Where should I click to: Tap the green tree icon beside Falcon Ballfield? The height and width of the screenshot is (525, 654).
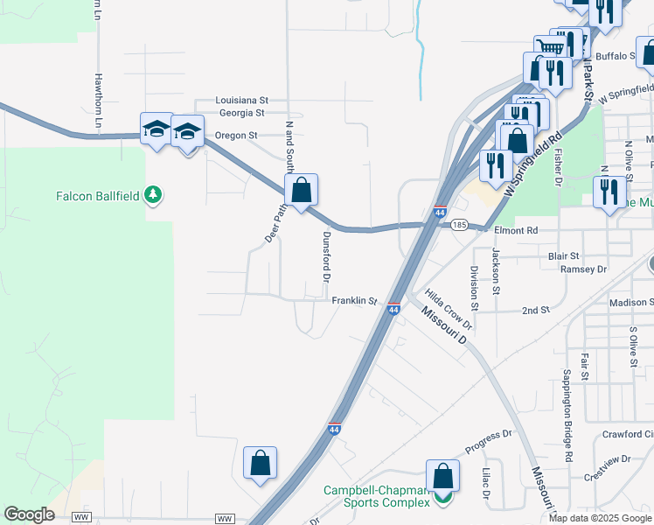click(154, 193)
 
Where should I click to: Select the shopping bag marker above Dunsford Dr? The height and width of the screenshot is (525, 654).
click(301, 190)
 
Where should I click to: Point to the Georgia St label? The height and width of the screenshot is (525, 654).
click(241, 113)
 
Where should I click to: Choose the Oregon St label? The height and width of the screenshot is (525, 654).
click(237, 136)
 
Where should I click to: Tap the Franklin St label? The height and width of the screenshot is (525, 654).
click(354, 301)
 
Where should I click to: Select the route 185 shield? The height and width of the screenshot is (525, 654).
click(459, 225)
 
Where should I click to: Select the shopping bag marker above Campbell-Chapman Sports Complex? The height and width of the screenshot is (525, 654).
click(442, 475)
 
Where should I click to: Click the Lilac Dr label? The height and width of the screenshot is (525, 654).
click(485, 484)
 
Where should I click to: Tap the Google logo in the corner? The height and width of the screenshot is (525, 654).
click(29, 514)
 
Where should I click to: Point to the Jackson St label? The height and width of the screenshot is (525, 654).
click(495, 270)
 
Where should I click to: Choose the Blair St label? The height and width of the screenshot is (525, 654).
click(564, 256)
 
